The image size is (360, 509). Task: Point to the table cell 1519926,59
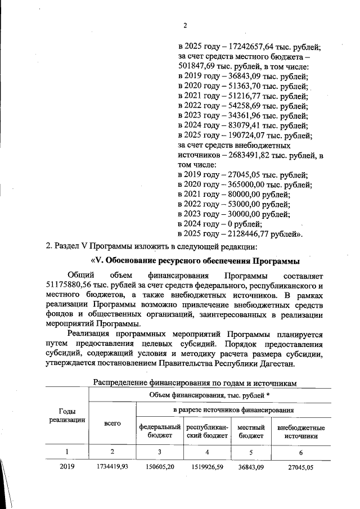pos(208,466)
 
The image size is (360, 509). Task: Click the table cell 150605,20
pos(160,466)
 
